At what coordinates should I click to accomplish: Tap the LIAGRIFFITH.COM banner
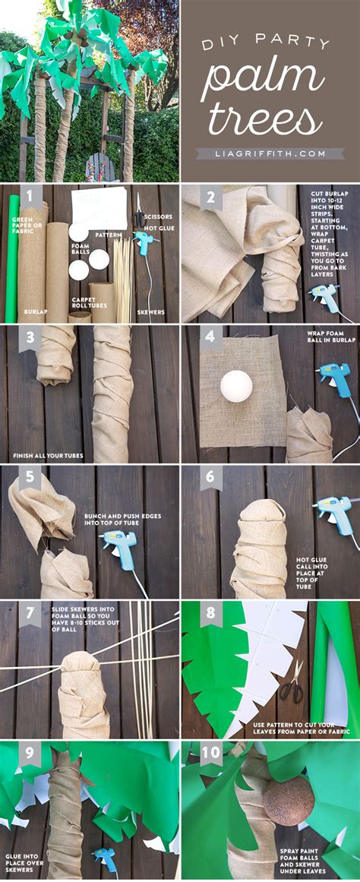[270, 153]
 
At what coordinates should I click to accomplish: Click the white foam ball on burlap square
[236, 386]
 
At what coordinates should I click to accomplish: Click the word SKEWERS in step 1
[150, 311]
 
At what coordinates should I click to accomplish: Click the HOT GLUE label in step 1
[159, 229]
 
